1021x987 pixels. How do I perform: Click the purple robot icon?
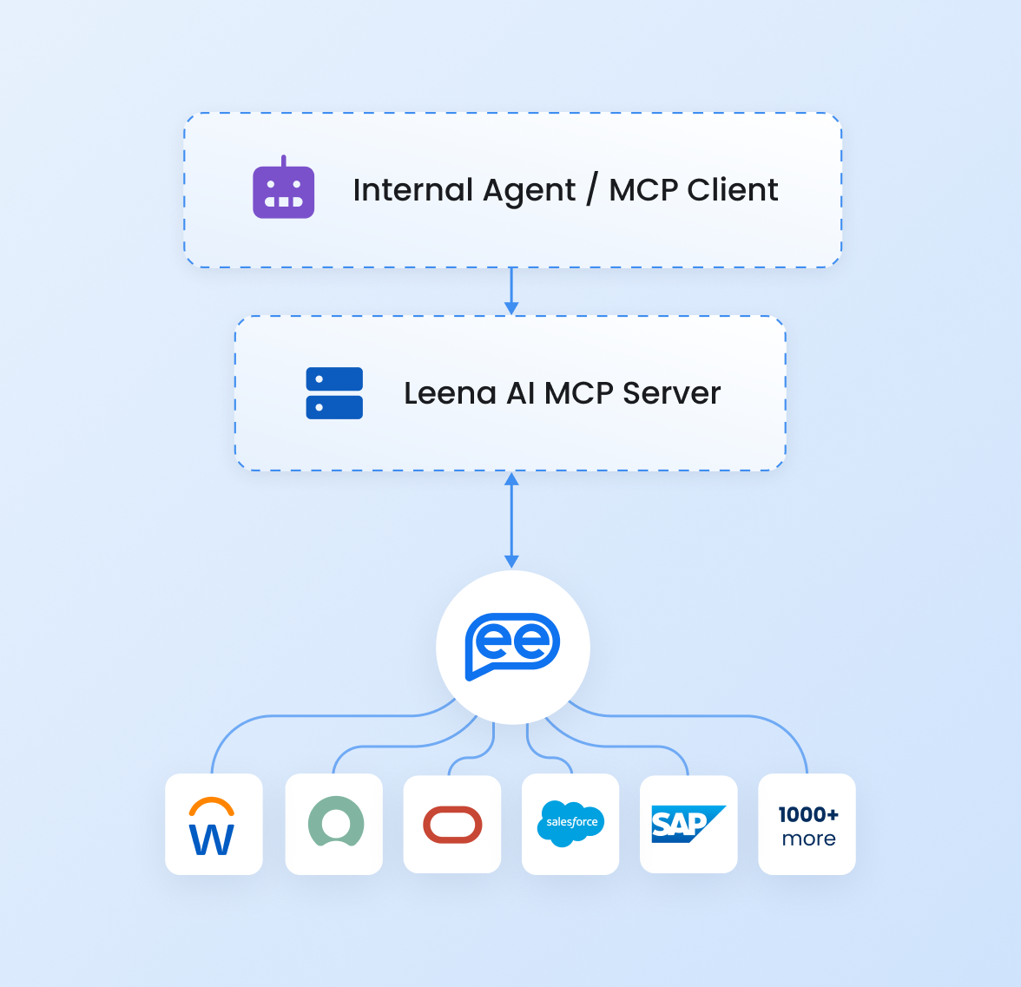[x=283, y=191]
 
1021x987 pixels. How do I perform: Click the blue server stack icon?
[x=334, y=393]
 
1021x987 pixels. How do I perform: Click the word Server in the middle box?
[x=671, y=393]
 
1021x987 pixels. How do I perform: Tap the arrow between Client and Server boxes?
[x=511, y=292]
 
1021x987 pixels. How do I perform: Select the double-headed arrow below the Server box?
[x=511, y=520]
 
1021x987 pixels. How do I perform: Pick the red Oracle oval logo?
[x=452, y=825]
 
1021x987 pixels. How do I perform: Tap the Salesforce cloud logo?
[x=570, y=822]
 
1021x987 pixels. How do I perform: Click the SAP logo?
[x=688, y=823]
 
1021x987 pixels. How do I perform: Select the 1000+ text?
[x=808, y=814]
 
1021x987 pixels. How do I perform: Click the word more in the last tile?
[x=808, y=839]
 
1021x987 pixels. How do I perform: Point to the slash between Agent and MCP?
[x=591, y=189]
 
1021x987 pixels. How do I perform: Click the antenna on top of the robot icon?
[x=284, y=161]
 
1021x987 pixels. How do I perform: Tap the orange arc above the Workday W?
[x=212, y=806]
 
